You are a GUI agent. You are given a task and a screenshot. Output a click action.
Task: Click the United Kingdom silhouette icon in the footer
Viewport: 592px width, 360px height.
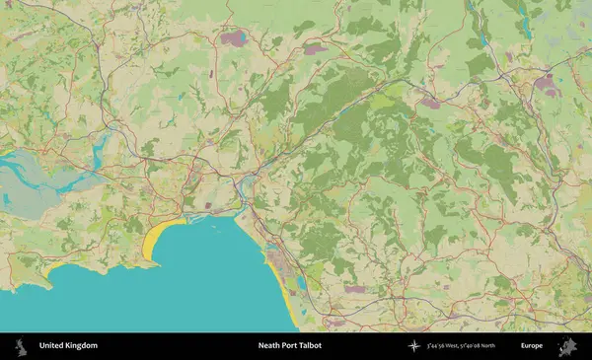pyautogui.click(x=19, y=346)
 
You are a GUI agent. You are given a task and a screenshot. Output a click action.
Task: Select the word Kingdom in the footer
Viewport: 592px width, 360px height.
pyautogui.click(x=82, y=346)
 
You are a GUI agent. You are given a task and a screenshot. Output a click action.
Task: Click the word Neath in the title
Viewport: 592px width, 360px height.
pyautogui.click(x=268, y=346)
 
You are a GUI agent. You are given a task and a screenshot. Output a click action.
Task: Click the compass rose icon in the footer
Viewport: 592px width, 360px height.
pyautogui.click(x=412, y=346)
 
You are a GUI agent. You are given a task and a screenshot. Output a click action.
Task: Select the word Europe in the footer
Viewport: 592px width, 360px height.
pyautogui.click(x=532, y=346)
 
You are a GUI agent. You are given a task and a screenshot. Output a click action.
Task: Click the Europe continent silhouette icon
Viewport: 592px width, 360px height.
pyautogui.click(x=567, y=346)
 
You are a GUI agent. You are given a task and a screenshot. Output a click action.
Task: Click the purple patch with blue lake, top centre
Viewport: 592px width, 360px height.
pyautogui.click(x=234, y=39)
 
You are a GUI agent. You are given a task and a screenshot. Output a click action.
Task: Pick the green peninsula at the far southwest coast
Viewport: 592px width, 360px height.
pyautogui.click(x=25, y=276)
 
